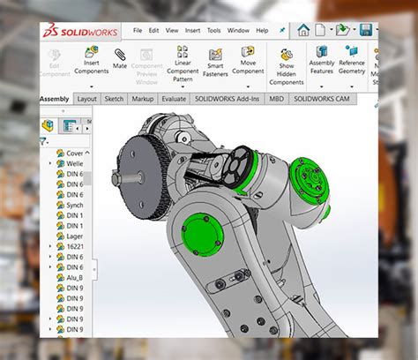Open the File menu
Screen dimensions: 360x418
pos(138,30)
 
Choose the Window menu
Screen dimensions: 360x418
pos(238,30)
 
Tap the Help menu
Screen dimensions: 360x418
pos(262,30)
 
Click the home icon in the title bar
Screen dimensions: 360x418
pos(303,30)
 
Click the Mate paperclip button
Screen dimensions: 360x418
pos(120,59)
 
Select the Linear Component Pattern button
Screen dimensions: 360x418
pos(183,64)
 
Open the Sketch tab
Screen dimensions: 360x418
pos(115,99)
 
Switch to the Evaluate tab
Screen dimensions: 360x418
pos(174,99)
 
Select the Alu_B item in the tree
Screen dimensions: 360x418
pos(76,276)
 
